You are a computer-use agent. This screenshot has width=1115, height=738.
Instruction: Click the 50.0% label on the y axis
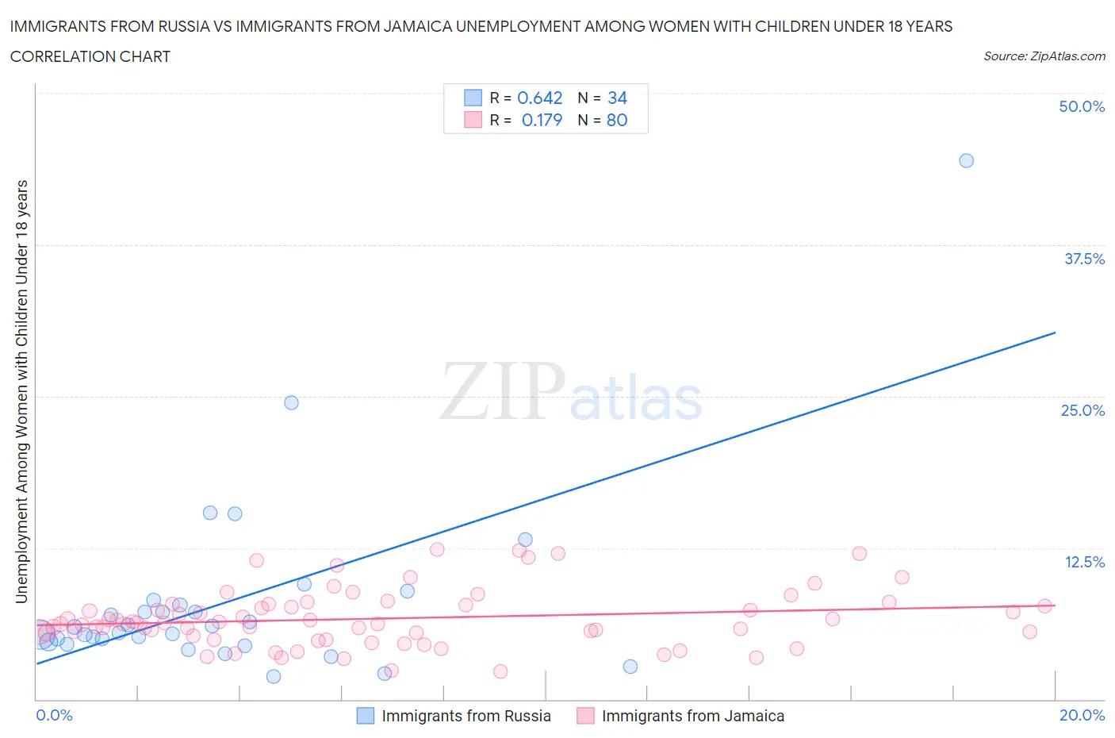[1082, 106]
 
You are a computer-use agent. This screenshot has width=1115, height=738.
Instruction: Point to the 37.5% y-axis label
[1084, 259]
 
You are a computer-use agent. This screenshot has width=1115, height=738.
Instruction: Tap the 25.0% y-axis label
[1082, 410]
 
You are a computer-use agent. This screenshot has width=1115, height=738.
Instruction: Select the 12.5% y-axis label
[1084, 562]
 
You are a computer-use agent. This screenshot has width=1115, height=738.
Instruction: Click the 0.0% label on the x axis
[54, 715]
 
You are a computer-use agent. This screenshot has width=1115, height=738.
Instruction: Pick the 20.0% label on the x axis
[1082, 715]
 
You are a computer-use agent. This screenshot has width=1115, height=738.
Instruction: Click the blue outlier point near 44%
[966, 160]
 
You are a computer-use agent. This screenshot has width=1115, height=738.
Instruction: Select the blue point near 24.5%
[291, 402]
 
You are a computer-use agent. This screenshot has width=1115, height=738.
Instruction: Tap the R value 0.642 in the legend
[539, 98]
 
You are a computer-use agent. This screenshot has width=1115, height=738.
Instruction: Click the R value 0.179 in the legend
[542, 120]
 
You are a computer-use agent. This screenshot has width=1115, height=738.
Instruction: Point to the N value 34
[617, 98]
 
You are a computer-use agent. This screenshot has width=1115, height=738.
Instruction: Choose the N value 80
[617, 120]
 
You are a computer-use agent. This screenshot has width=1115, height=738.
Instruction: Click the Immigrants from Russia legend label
[466, 716]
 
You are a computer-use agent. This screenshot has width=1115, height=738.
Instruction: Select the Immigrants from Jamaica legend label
[692, 716]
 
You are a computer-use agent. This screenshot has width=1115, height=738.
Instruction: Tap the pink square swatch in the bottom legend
[585, 716]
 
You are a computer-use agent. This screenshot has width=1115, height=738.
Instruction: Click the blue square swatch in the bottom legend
[365, 716]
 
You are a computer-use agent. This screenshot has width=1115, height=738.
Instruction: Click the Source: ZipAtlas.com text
[1044, 56]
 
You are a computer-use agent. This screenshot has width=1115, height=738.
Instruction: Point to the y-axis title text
[22, 391]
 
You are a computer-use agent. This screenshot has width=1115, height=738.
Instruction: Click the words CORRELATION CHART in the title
[90, 56]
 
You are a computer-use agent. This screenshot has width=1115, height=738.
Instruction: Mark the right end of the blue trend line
[1055, 332]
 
